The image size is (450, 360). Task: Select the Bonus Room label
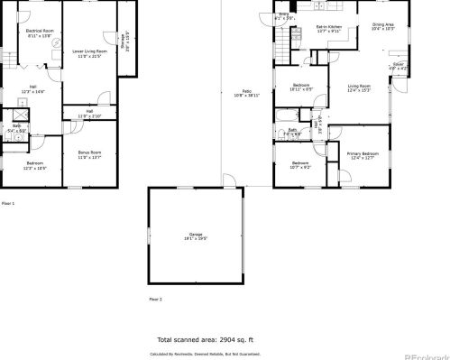tap(88, 153)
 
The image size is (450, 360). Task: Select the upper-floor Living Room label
tap(359, 88)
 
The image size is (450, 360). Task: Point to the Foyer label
tap(398, 66)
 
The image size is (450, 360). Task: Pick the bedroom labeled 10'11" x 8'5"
tap(300, 86)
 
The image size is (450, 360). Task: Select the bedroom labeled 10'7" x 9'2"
tap(300, 165)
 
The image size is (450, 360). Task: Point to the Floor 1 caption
tap(8, 203)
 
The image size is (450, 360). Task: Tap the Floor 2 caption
tap(154, 298)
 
